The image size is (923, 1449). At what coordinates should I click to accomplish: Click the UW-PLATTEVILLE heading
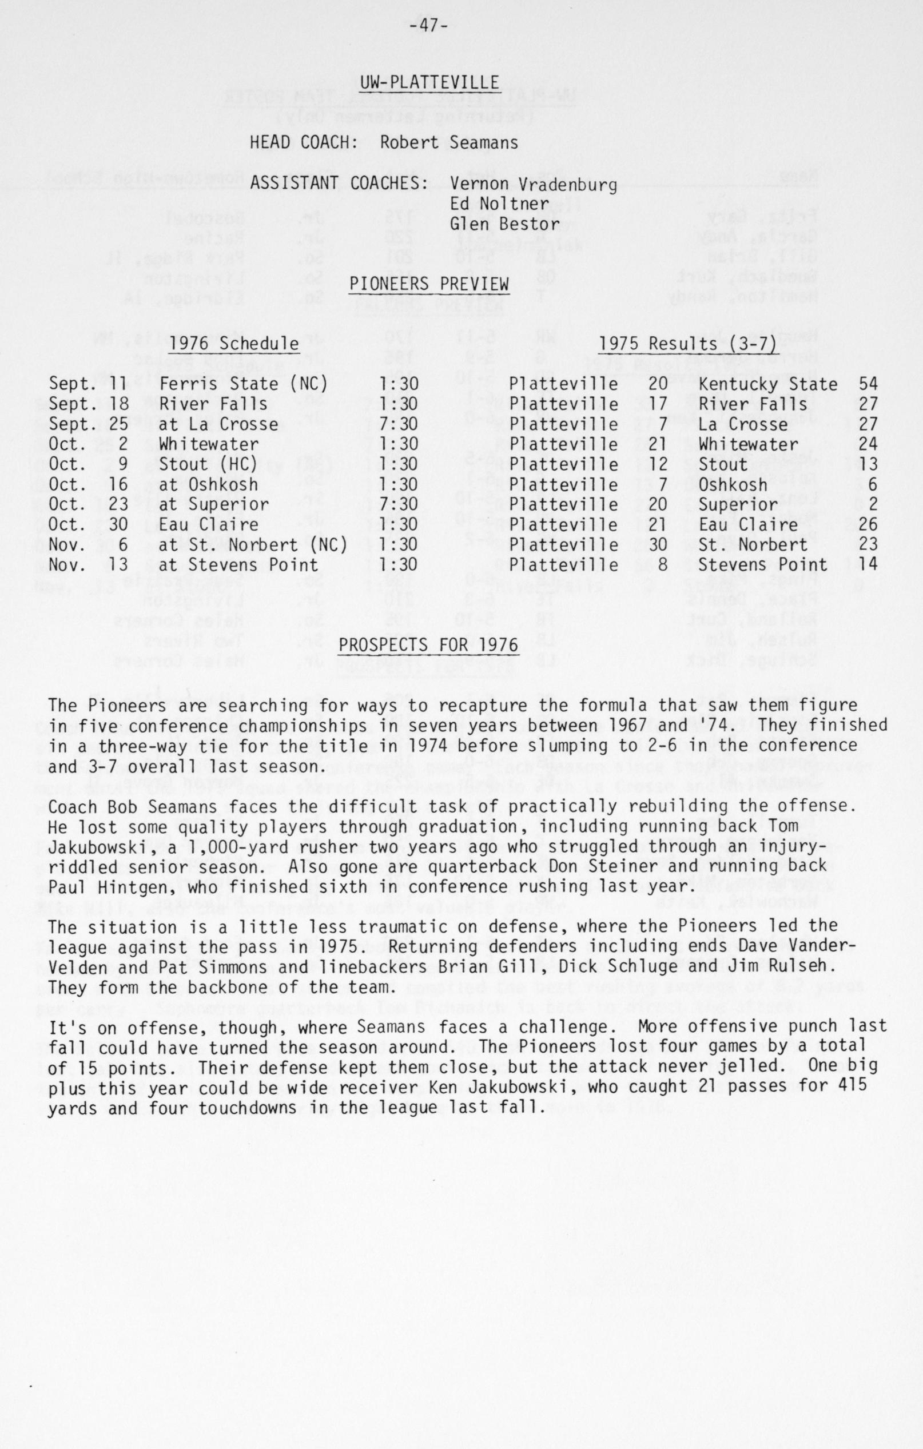pyautogui.click(x=429, y=83)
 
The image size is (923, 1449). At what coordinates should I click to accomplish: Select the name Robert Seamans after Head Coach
pyautogui.click(x=449, y=142)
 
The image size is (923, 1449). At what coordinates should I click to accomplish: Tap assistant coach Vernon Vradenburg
pyautogui.click(x=534, y=185)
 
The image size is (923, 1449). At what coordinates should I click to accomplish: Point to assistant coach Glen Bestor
pyautogui.click(x=505, y=225)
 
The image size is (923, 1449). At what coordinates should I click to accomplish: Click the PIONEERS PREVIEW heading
pyautogui.click(x=429, y=284)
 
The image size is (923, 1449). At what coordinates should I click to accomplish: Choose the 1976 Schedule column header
pyautogui.click(x=234, y=344)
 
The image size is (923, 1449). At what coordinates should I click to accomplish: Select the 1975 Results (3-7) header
pyautogui.click(x=688, y=344)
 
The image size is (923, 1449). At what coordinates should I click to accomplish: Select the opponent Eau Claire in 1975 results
pyautogui.click(x=739, y=525)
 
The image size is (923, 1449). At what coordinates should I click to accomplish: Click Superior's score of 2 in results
pyautogui.click(x=873, y=504)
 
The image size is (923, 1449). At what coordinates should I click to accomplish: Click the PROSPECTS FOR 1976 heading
pyautogui.click(x=428, y=645)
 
